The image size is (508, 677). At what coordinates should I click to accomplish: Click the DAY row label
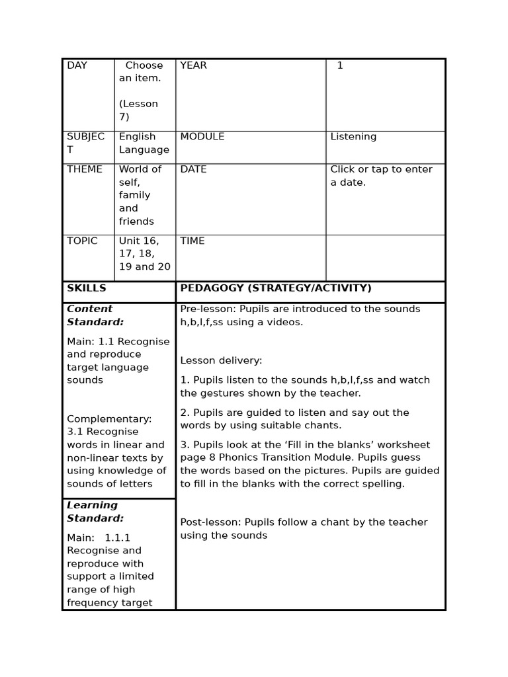click(77, 65)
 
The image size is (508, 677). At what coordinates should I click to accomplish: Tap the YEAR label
click(193, 65)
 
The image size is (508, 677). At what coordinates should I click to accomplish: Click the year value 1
click(340, 65)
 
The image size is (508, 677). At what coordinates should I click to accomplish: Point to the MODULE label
click(202, 137)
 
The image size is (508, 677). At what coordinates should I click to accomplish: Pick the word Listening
click(353, 137)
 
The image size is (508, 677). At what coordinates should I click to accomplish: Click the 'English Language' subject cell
click(144, 143)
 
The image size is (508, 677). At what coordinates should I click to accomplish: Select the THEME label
click(85, 169)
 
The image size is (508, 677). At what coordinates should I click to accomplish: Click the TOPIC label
click(82, 241)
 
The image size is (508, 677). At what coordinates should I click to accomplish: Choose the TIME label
click(192, 241)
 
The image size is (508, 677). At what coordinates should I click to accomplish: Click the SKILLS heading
click(87, 288)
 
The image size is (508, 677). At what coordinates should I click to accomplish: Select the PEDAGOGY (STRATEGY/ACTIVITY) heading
click(276, 288)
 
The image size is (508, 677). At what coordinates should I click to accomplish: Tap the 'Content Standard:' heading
click(95, 315)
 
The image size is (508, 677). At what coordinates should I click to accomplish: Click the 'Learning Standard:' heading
click(95, 512)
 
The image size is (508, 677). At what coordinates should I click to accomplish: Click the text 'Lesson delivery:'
click(221, 361)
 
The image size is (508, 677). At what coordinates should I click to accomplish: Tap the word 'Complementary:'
click(109, 419)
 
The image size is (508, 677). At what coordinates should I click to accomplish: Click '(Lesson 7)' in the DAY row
click(138, 110)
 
